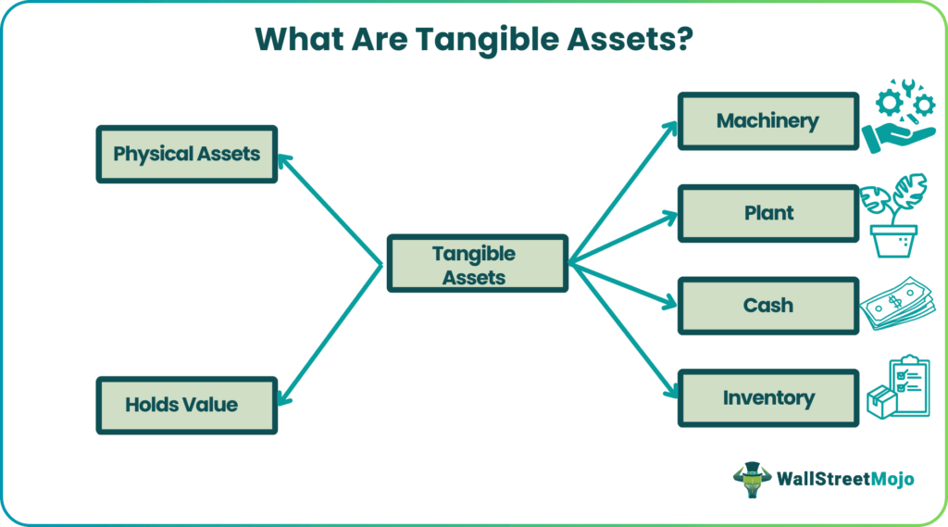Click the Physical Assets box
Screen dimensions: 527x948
186,154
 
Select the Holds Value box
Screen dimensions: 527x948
186,405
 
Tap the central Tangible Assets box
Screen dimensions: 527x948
477,264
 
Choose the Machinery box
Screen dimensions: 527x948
767,120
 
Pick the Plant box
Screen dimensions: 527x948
767,213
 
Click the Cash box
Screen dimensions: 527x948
767,305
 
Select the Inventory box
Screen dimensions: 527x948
767,398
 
